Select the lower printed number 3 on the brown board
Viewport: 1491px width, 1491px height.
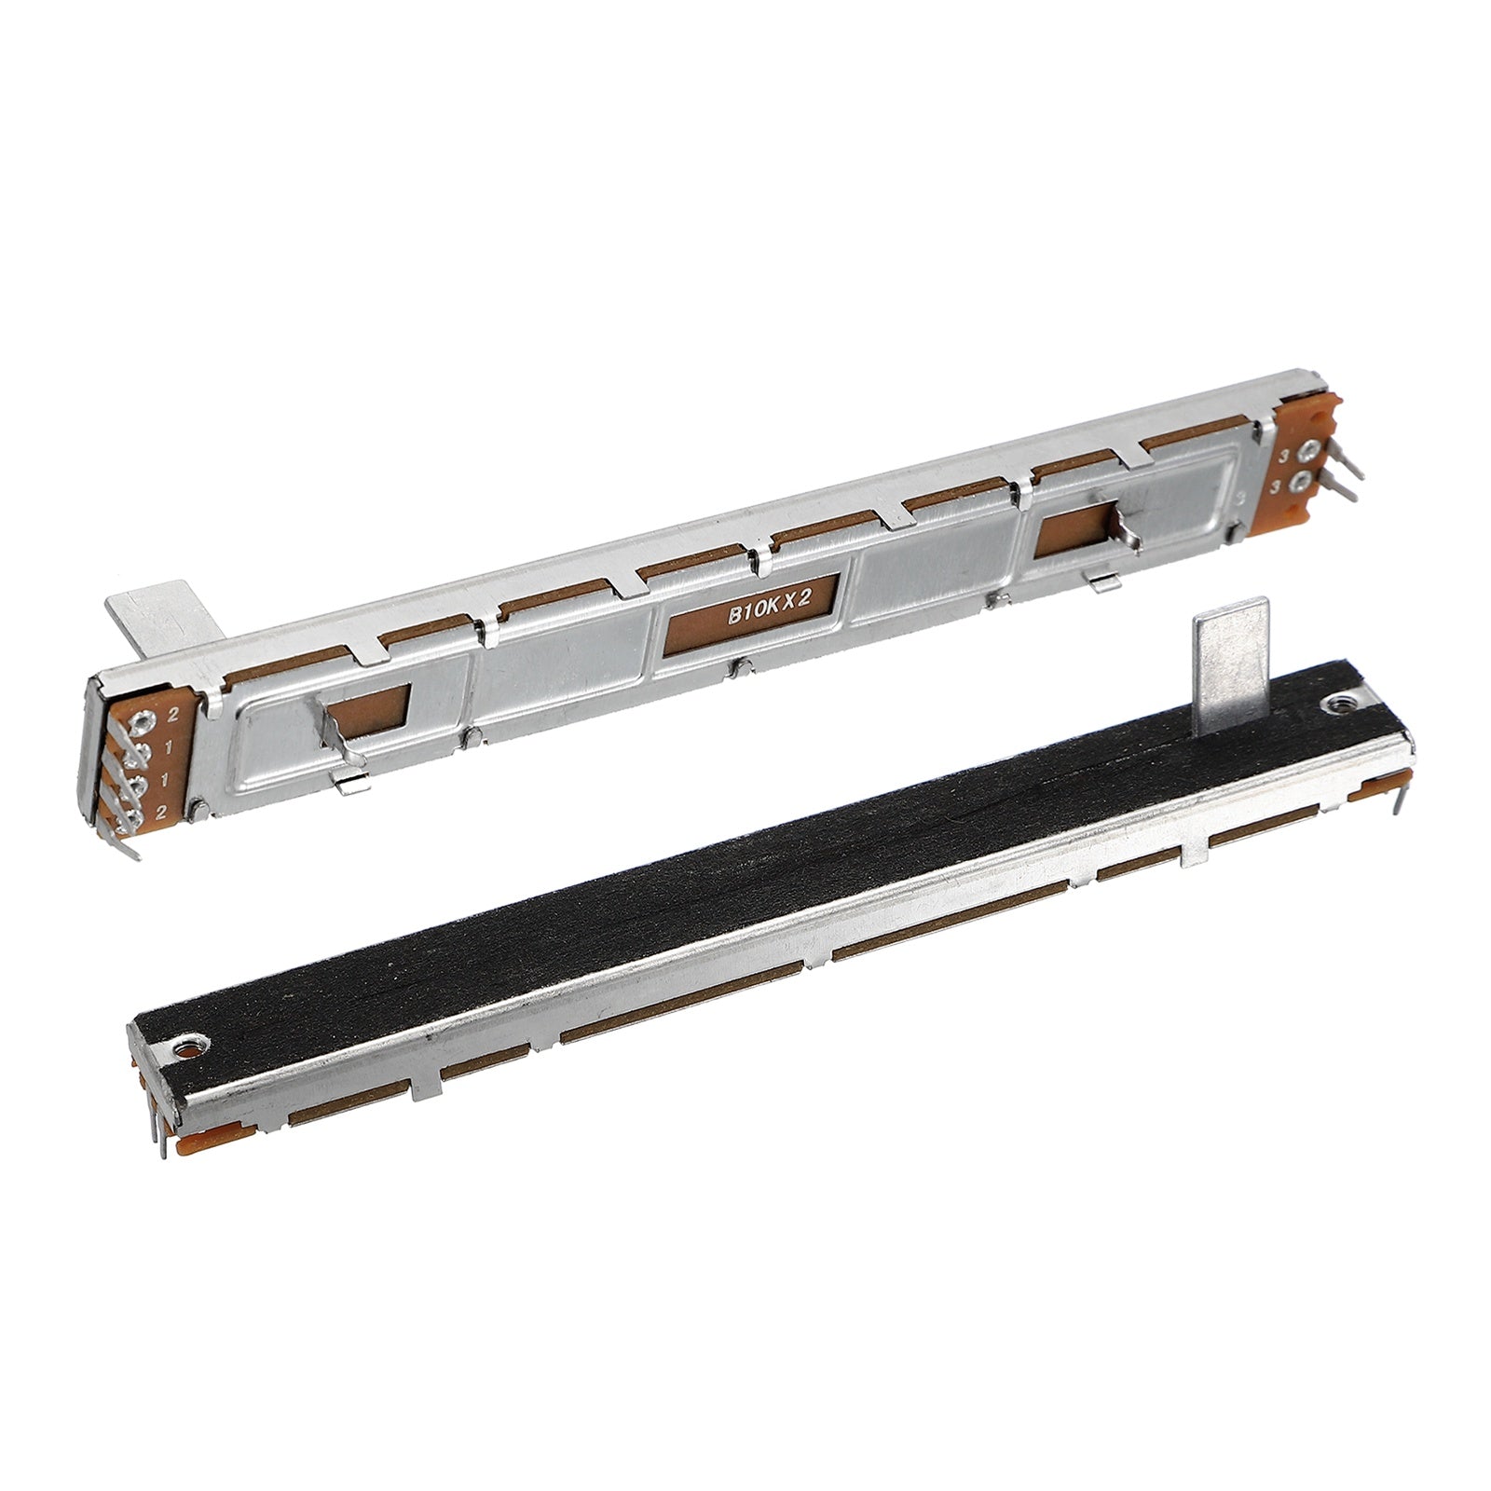1278,488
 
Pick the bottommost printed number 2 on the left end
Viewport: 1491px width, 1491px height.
161,813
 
